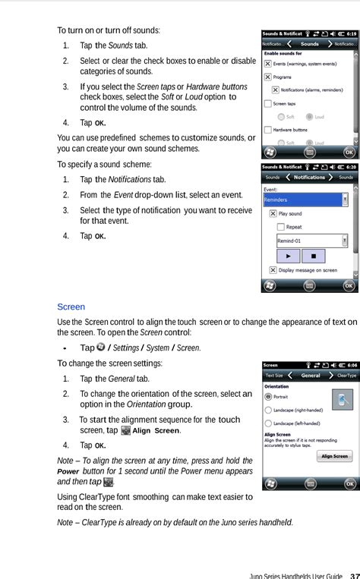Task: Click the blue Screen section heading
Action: coord(71,307)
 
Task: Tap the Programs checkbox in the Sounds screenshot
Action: coord(267,77)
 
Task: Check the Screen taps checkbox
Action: coord(267,103)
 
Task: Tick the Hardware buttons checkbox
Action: coord(267,130)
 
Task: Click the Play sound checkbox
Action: coord(273,214)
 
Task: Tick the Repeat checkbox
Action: coord(281,227)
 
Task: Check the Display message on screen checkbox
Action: coord(273,270)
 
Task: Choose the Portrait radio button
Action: coord(268,396)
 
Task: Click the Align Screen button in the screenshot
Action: coord(334,456)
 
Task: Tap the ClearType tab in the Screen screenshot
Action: coord(346,375)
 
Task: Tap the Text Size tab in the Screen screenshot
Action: coord(274,375)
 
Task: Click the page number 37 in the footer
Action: coord(354,574)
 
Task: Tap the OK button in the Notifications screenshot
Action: coord(349,286)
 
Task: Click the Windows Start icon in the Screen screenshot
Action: coord(268,484)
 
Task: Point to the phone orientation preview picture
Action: coord(343,400)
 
